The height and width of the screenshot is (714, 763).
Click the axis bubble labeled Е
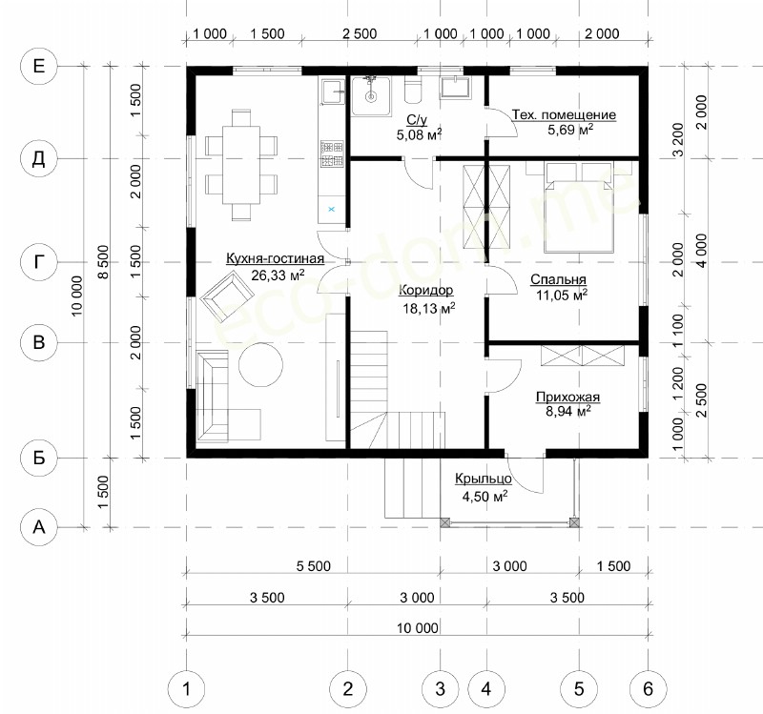[x=39, y=66]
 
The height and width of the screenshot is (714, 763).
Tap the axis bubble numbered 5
[x=579, y=688]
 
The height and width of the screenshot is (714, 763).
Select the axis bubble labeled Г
[x=39, y=263]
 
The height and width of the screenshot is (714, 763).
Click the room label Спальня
[x=558, y=279]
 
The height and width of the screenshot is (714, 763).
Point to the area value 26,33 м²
[x=278, y=275]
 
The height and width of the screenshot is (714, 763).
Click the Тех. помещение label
[x=564, y=114]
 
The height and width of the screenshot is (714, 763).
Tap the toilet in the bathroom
[x=413, y=91]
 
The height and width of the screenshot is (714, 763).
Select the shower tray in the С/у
[x=371, y=96]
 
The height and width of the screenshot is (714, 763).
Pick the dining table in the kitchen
[x=241, y=165]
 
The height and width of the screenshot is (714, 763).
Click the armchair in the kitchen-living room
[x=227, y=296]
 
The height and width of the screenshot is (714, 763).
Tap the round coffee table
[x=260, y=365]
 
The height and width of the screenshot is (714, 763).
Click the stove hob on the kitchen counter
[x=331, y=153]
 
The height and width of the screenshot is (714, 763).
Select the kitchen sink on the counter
[x=331, y=92]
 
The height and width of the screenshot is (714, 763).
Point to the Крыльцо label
[x=484, y=479]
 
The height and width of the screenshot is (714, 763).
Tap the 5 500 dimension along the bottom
[x=314, y=566]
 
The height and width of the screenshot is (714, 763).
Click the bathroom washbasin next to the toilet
[x=457, y=88]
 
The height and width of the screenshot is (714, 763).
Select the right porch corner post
[x=575, y=522]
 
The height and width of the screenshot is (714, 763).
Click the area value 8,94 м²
[x=568, y=412]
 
